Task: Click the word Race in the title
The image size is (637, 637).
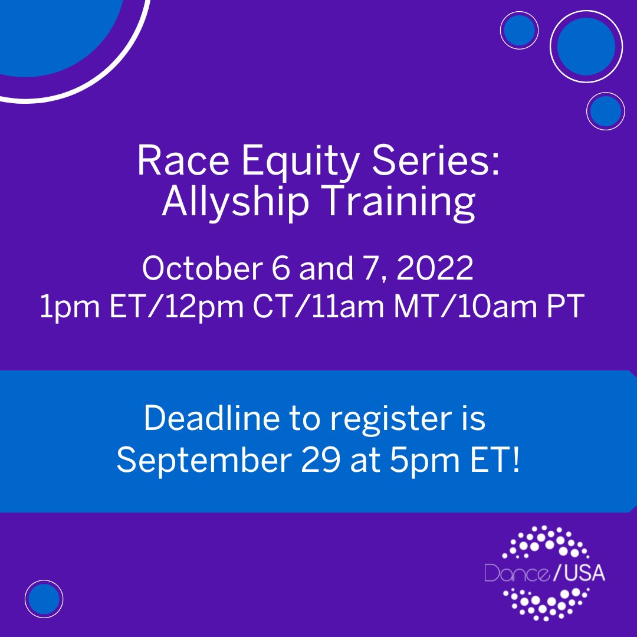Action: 183,160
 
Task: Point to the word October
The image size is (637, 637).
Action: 202,268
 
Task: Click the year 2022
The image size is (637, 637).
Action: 435,268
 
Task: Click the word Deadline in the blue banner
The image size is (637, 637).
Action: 212,418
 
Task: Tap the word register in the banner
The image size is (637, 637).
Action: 391,421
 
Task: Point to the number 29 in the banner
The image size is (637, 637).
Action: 320,461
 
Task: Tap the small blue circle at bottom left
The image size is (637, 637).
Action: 44,599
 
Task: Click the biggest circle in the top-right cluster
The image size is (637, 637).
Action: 586,47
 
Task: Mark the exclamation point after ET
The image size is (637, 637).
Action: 516,460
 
